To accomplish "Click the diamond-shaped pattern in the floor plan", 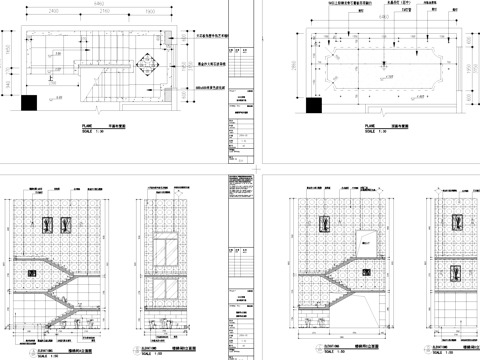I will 148,66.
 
